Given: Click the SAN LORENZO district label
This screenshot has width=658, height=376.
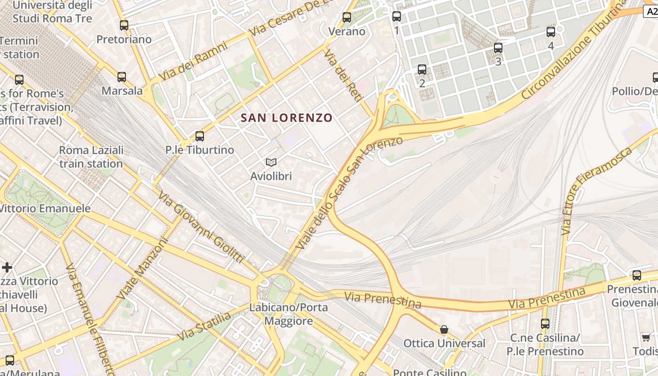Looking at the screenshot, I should pyautogui.click(x=286, y=118).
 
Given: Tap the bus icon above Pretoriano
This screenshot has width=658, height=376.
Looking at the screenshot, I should pyautogui.click(x=124, y=25).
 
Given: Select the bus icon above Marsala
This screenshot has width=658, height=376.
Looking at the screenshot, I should pyautogui.click(x=122, y=77).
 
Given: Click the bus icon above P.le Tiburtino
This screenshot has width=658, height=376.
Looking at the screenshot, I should pyautogui.click(x=200, y=136).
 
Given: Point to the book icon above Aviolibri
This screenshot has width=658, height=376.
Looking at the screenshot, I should pyautogui.click(x=271, y=163).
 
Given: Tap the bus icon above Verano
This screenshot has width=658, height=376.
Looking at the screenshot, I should pyautogui.click(x=347, y=17).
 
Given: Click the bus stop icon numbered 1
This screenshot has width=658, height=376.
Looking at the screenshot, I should pyautogui.click(x=397, y=16).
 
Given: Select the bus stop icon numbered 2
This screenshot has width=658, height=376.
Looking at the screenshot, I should pyautogui.click(x=422, y=70).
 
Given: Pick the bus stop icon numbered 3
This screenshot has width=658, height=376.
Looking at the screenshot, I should pyautogui.click(x=498, y=47).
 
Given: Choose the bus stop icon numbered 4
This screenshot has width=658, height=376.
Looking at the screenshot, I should pyautogui.click(x=551, y=32).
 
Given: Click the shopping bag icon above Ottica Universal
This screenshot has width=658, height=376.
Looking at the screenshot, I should pyautogui.click(x=444, y=329).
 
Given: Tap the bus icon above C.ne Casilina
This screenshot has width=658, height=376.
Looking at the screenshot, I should pyautogui.click(x=545, y=323).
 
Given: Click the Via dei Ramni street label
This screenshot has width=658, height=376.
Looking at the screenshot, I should pyautogui.click(x=193, y=61).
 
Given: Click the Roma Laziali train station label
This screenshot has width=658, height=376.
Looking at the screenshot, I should pyautogui.click(x=91, y=157).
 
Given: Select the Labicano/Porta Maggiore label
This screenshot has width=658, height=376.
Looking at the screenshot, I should pyautogui.click(x=289, y=314).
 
